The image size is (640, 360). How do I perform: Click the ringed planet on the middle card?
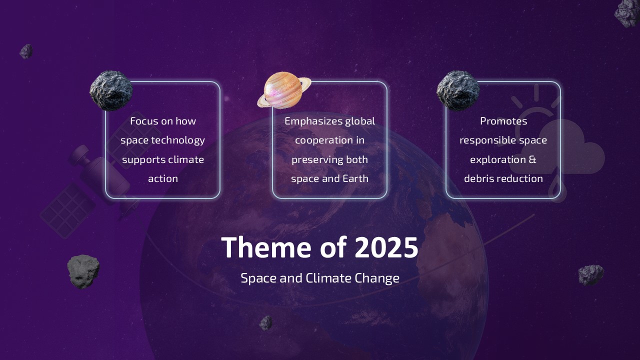[283, 90]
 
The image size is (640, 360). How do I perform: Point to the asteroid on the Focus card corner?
[111, 90]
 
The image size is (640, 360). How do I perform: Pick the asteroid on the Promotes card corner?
[458, 90]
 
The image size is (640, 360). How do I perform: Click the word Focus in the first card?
[143, 121]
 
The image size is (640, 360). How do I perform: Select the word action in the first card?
[163, 178]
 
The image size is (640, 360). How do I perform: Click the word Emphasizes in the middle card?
[313, 121]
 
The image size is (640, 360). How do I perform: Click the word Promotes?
[503, 121]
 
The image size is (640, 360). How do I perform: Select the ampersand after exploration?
[532, 159]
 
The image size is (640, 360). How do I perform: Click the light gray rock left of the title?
[83, 271]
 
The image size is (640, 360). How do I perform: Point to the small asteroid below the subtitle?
[266, 323]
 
